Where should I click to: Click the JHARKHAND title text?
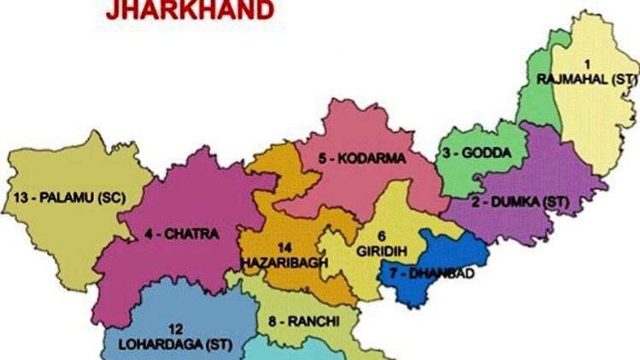(191, 10)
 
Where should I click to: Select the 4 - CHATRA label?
(182, 233)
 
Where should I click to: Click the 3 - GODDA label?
(477, 153)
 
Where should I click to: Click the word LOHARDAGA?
(141, 344)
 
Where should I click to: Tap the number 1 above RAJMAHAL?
(586, 65)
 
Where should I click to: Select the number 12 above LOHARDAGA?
(174, 329)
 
